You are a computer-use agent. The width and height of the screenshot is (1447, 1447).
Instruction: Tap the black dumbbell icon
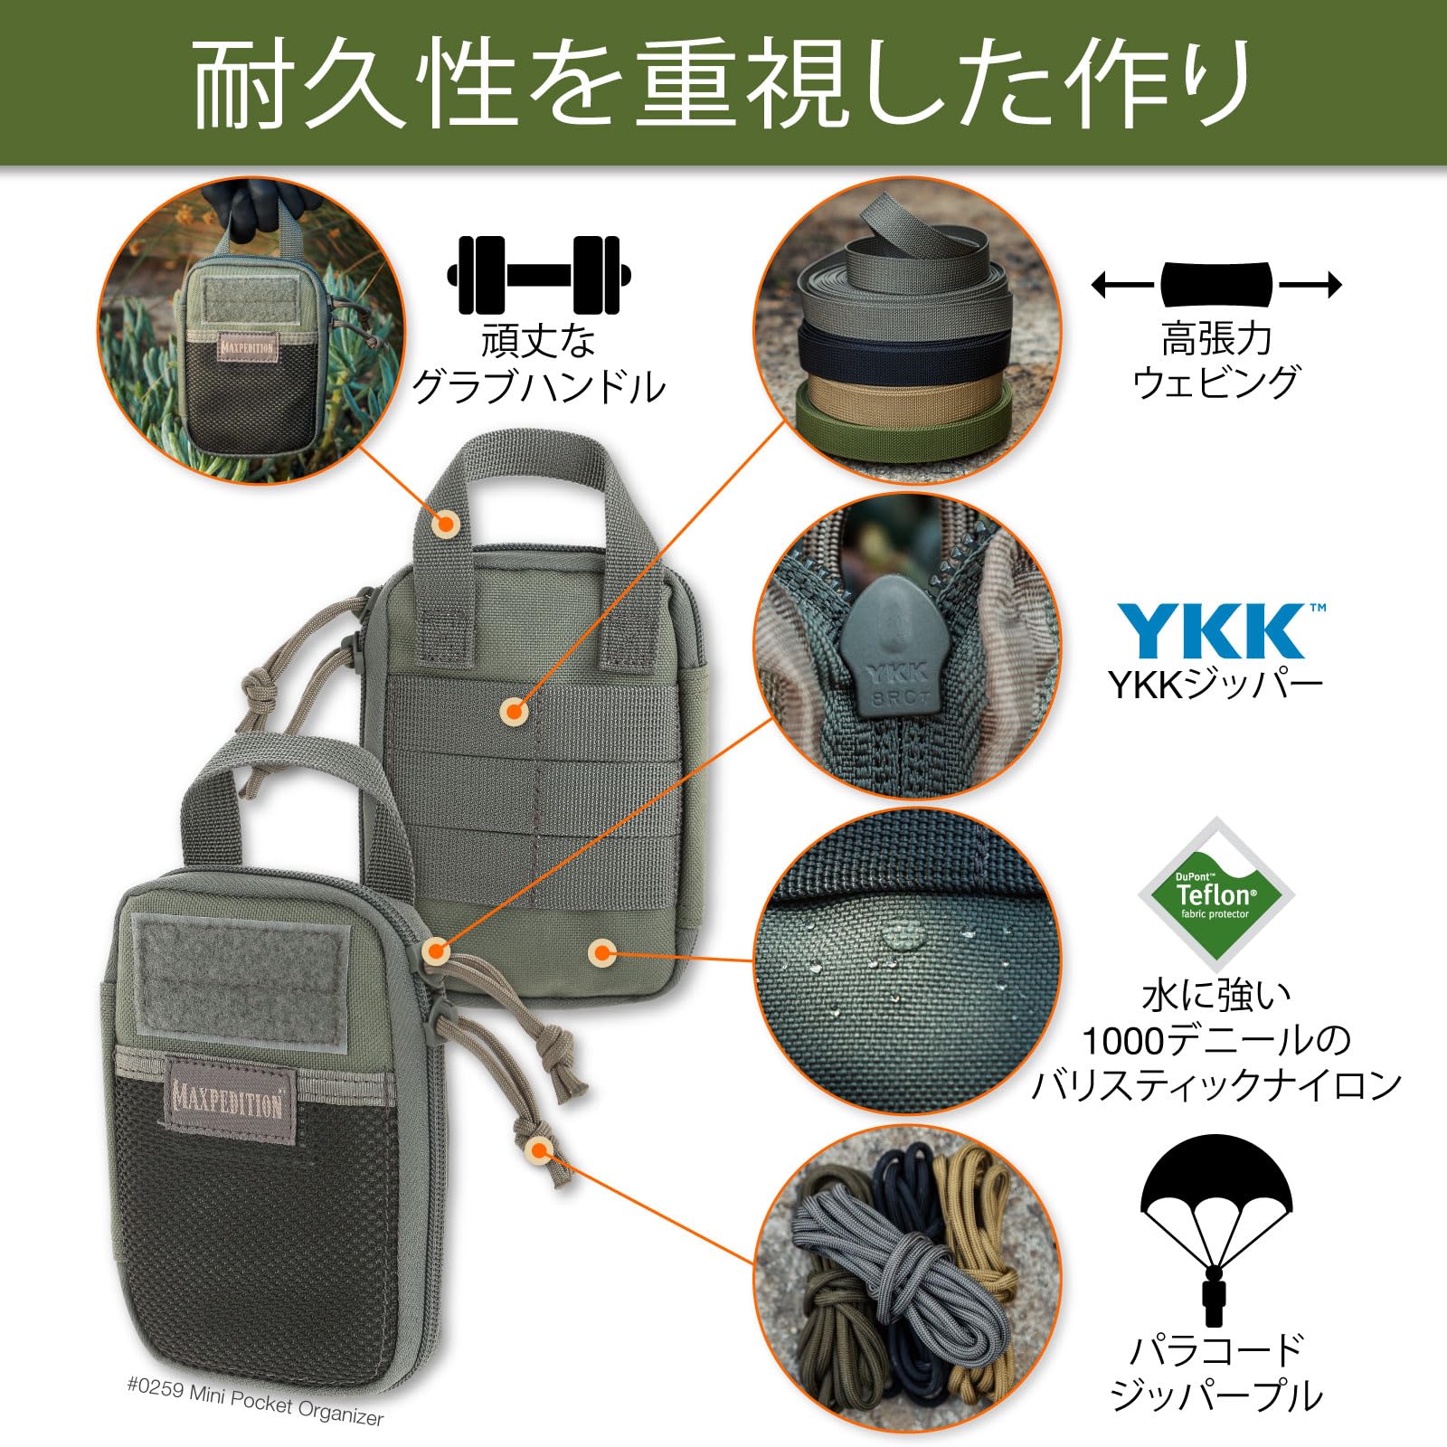click(x=538, y=275)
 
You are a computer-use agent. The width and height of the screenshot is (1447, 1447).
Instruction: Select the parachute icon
click(x=1215, y=1230)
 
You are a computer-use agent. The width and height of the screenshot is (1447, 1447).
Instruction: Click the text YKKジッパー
click(x=1215, y=686)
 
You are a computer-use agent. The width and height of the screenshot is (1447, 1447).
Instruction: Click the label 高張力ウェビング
click(x=1215, y=362)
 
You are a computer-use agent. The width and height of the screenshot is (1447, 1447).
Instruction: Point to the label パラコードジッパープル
click(x=1215, y=1373)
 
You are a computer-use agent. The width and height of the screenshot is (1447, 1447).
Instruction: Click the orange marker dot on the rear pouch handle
click(x=445, y=524)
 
